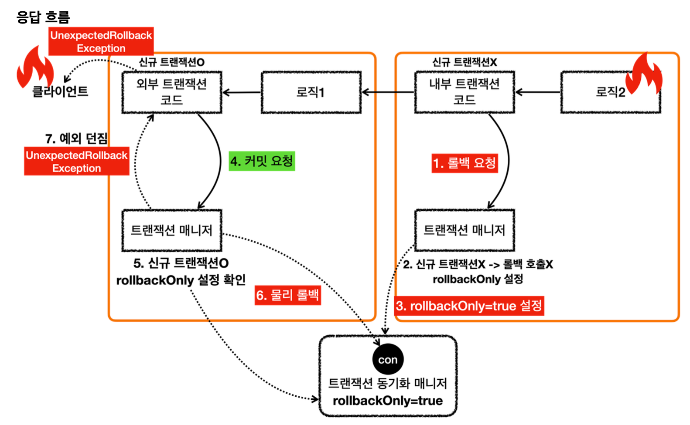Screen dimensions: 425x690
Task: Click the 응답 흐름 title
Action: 43,17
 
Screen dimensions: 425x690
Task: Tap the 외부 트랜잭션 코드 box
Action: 171,92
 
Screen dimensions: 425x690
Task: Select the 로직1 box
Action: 311,92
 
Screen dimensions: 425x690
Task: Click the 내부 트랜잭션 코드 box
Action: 464,92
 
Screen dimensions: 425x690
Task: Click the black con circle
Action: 388,360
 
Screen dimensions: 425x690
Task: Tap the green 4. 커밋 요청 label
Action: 262,161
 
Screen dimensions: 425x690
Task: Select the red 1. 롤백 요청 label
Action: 465,163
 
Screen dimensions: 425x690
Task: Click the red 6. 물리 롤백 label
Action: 287,295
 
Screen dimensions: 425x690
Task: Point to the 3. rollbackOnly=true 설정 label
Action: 469,306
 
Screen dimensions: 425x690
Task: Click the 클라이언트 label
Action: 60,91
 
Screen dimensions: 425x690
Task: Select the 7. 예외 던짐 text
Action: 76,138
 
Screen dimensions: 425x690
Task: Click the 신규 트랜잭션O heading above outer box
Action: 171,62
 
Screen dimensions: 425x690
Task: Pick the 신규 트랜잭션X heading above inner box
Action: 464,62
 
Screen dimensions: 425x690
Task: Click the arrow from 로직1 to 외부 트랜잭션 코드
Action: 242,92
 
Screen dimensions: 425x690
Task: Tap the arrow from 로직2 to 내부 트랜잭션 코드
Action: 537,92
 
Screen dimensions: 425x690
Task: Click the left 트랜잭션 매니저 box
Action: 171,230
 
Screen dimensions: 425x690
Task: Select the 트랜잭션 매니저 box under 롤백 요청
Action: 464,230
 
